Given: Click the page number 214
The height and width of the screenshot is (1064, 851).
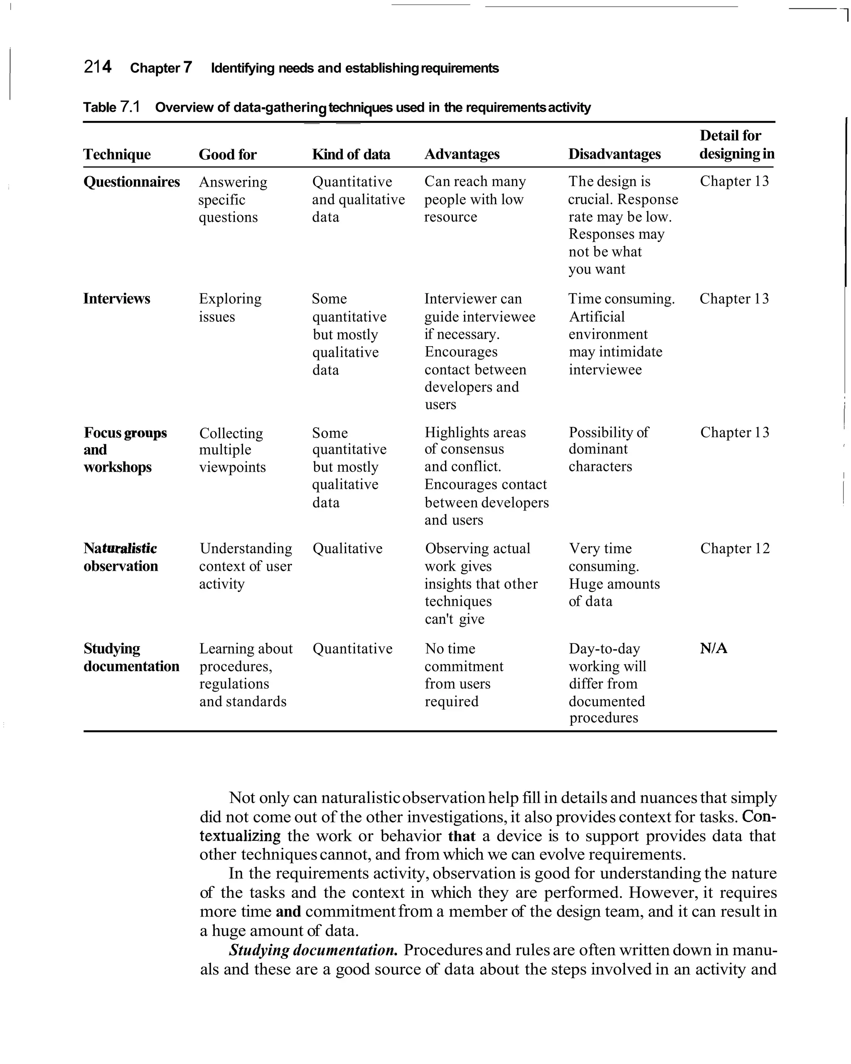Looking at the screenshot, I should click(x=98, y=66).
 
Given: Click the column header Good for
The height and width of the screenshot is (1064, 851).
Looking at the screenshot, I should click(x=227, y=155).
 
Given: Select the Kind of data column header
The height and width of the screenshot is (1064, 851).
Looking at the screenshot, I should click(x=351, y=155).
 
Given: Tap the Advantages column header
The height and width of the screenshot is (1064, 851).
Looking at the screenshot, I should click(x=462, y=155).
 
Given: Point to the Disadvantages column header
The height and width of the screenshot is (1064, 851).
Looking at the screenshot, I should click(x=614, y=155).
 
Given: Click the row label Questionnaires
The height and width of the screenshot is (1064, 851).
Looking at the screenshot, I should click(x=131, y=182).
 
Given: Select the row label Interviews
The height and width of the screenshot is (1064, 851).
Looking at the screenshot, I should click(x=116, y=298).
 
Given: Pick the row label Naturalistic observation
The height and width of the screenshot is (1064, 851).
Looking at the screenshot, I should click(x=121, y=557).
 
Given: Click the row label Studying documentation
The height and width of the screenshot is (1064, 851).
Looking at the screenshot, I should click(x=131, y=658).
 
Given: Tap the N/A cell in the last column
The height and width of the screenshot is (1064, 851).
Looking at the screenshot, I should click(x=713, y=648).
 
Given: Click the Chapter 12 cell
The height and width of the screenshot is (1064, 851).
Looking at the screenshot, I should click(x=735, y=548).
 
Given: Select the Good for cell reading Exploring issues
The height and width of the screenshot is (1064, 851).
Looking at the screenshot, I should click(x=230, y=308).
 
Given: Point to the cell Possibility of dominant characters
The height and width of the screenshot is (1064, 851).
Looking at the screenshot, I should click(x=608, y=449).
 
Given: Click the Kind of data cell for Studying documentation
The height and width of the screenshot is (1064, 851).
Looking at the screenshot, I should click(x=352, y=648).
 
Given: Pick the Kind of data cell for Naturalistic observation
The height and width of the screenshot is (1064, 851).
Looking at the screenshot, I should click(x=347, y=548).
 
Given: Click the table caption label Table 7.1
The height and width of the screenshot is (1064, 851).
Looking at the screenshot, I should click(x=111, y=107).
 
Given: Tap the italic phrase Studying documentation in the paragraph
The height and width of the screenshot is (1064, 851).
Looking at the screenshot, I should click(x=313, y=950).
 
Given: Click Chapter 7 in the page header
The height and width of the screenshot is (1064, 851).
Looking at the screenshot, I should click(x=161, y=68).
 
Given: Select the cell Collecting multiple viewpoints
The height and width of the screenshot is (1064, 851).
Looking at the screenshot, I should click(x=232, y=450).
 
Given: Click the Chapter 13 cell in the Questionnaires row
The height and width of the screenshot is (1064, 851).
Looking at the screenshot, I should click(x=734, y=181).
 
